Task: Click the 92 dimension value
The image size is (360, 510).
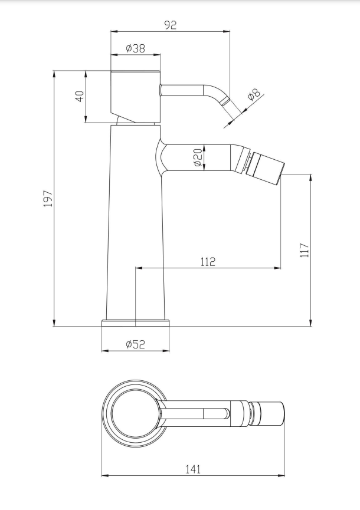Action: (x=170, y=25)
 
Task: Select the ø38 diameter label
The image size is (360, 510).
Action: (x=135, y=48)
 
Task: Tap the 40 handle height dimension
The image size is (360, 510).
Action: (x=80, y=96)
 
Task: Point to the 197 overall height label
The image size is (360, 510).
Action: (x=48, y=199)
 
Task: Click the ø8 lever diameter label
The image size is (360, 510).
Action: (x=254, y=94)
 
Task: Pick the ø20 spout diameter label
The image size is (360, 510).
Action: (x=198, y=158)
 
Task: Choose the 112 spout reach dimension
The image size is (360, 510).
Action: (x=208, y=262)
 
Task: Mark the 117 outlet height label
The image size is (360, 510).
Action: (x=304, y=250)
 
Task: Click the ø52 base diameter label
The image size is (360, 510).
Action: (x=135, y=344)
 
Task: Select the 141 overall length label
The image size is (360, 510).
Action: (x=194, y=469)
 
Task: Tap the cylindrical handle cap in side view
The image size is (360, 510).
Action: (x=135, y=97)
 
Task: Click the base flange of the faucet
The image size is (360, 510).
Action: (x=135, y=323)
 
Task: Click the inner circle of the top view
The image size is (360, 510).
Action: (x=135, y=413)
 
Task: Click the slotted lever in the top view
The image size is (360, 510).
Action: (x=195, y=413)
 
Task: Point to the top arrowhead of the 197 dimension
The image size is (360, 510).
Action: (x=54, y=74)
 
